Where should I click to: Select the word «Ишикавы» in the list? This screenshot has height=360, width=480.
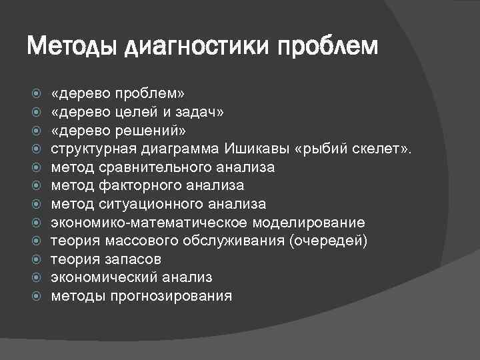[259, 149]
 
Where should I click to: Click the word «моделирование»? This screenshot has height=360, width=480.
[309, 222]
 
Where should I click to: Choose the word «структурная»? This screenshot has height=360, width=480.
[92, 149]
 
